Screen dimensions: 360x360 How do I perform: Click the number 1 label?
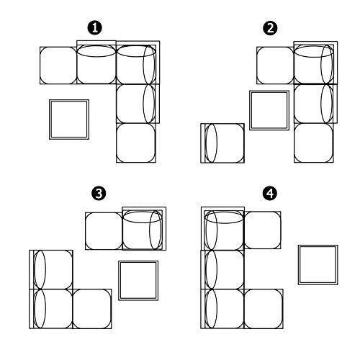(x=95, y=27)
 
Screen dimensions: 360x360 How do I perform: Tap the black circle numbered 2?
(x=270, y=28)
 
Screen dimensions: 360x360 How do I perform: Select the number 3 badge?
(x=99, y=193)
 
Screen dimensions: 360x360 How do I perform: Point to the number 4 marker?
(x=270, y=193)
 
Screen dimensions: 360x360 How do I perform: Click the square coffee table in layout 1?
(x=69, y=120)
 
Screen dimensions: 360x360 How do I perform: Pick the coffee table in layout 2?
(x=269, y=110)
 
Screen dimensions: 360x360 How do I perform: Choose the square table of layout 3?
(x=138, y=280)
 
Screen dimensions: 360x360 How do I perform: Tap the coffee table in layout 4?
(x=318, y=265)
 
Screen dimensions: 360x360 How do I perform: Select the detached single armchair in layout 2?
(x=222, y=143)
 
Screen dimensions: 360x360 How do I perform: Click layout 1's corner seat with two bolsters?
(x=138, y=63)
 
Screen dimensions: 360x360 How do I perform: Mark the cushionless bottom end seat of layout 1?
(x=136, y=143)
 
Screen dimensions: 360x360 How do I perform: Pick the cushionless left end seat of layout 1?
(x=58, y=66)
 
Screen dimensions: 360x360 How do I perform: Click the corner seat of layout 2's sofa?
(x=315, y=63)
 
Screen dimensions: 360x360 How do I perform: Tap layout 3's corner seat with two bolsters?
(x=144, y=228)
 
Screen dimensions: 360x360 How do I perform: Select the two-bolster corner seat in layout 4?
(x=222, y=228)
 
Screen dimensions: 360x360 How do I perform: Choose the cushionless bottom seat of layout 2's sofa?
(x=314, y=143)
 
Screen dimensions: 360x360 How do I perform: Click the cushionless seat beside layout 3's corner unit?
(x=104, y=231)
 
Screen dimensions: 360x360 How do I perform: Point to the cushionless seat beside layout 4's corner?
(x=263, y=230)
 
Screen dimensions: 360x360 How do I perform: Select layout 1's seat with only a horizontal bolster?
(x=96, y=63)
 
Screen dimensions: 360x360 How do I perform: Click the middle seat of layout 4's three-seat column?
(x=222, y=269)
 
